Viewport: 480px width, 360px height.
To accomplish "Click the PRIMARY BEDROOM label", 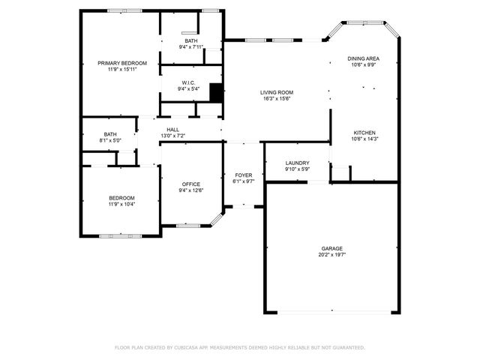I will click(122, 63).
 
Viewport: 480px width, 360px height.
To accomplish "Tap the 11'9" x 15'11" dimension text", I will click(122, 69).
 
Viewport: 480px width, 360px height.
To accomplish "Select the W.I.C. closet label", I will click(188, 82).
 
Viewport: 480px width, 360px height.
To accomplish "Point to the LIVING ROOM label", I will click(276, 92).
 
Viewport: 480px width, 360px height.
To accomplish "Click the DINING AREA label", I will click(362, 58).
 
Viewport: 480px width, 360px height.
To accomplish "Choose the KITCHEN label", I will click(364, 133).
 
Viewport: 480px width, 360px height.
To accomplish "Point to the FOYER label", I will click(244, 175).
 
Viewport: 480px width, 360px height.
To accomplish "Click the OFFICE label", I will click(190, 184).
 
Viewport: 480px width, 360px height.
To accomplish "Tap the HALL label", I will click(172, 130).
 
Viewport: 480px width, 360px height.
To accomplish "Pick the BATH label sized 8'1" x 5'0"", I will click(109, 134).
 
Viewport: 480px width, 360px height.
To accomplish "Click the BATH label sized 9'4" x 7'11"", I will click(191, 41).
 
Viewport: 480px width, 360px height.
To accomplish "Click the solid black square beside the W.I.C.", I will click(216, 92).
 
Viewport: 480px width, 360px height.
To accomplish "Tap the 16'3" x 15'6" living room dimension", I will click(276, 98).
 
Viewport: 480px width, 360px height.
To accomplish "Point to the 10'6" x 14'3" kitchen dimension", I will click(364, 139).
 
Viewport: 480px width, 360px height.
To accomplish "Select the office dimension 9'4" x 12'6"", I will click(190, 190).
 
